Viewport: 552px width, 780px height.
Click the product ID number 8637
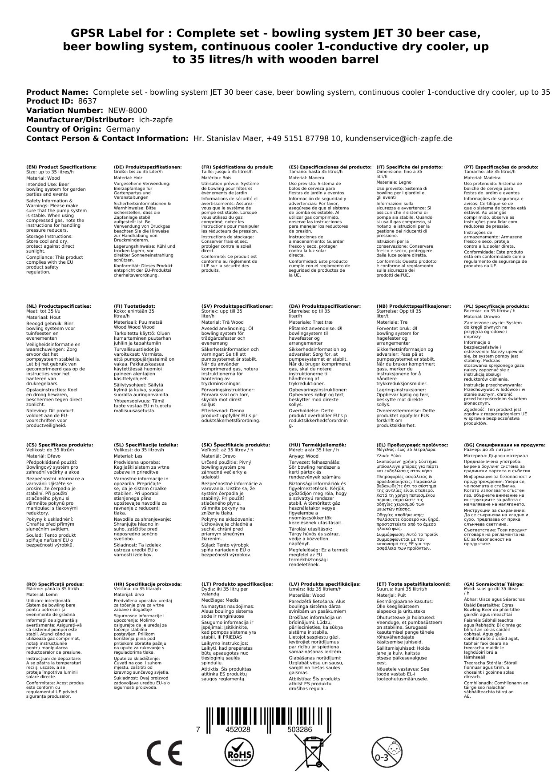point(87,101)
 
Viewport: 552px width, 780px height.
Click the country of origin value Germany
point(123,129)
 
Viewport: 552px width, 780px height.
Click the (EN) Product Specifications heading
point(61,167)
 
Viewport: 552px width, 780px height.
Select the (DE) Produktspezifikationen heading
point(148,167)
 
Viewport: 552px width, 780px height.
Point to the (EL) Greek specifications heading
point(412,445)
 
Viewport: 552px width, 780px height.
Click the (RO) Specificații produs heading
point(55,584)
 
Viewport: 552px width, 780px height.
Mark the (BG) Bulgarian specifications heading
point(504,445)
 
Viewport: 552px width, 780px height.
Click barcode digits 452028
point(238,729)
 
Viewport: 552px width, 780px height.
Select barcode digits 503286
point(299,729)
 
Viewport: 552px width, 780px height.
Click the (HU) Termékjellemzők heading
point(318,445)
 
